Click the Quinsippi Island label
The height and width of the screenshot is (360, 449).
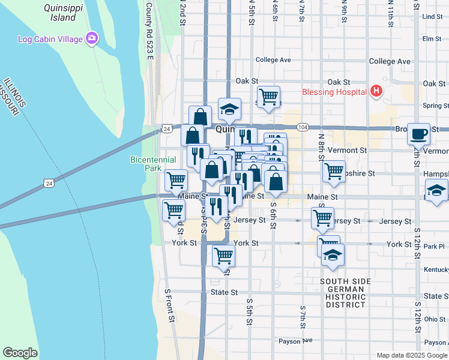click(x=59, y=13)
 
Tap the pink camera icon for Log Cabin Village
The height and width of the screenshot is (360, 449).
click(x=92, y=39)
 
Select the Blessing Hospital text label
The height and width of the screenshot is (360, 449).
click(x=334, y=92)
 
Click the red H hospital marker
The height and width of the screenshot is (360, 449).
click(x=376, y=91)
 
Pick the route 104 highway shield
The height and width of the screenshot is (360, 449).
click(x=303, y=128)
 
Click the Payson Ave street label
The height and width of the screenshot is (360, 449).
click(x=296, y=341)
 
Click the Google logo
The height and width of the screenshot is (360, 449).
click(x=20, y=353)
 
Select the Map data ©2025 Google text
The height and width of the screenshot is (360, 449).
click(x=411, y=355)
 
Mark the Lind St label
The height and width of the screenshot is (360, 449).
click(x=432, y=17)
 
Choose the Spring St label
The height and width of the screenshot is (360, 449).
click(x=435, y=106)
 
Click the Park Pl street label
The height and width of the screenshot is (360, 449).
click(x=433, y=246)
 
